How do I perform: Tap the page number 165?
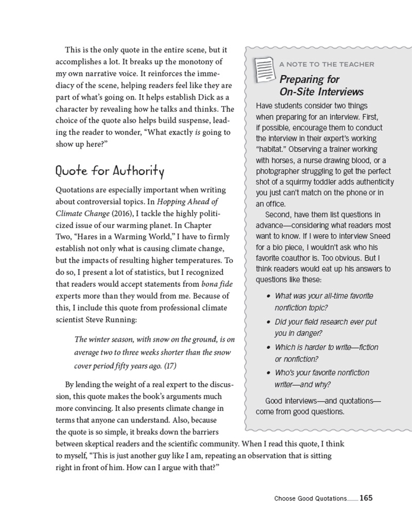pos(366,498)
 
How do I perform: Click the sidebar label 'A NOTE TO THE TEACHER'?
pos(327,64)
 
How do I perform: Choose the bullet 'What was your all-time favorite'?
pos(324,296)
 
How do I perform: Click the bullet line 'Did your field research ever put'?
pos(326,321)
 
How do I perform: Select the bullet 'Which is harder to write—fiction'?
pos(326,347)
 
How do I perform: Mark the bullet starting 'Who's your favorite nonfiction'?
pos(322,373)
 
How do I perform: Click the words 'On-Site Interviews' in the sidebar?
pos(321,92)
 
